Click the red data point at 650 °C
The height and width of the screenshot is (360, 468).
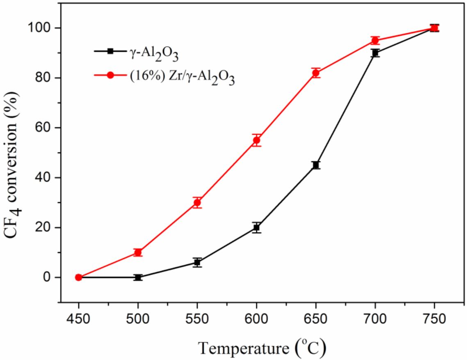[315, 73]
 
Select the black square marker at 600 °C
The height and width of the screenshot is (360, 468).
[256, 227]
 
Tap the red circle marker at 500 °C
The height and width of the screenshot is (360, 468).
[138, 252]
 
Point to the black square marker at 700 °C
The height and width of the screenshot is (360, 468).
[375, 53]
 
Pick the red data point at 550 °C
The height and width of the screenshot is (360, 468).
[197, 202]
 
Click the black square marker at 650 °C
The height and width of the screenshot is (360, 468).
[315, 165]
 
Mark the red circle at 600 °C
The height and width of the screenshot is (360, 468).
[256, 140]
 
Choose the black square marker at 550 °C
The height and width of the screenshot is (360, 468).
[197, 262]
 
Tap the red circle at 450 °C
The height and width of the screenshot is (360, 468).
[79, 277]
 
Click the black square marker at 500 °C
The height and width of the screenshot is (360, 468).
[138, 277]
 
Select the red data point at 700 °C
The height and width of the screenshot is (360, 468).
[375, 40]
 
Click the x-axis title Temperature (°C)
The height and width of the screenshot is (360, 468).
[263, 348]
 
